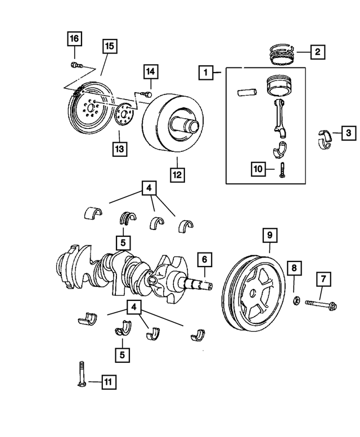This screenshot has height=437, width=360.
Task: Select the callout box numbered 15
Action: pos(110,47)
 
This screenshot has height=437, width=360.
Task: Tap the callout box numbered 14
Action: pos(150,72)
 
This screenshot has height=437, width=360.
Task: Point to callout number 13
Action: pos(120,149)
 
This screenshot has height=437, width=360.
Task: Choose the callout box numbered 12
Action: pos(177,174)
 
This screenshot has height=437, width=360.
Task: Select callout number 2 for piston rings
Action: pos(317,52)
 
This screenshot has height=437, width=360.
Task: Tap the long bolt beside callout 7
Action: pos(321,305)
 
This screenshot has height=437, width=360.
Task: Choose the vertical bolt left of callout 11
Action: pos(81,374)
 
